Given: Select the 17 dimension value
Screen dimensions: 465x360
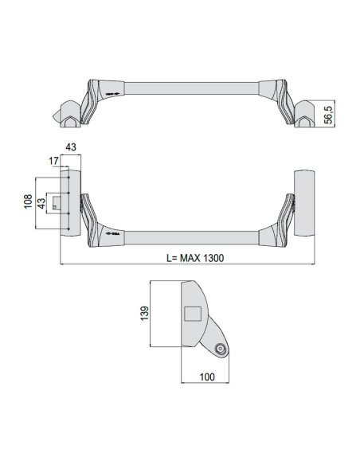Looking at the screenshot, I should tap(54, 161).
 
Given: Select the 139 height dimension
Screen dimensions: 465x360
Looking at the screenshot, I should tap(143, 313).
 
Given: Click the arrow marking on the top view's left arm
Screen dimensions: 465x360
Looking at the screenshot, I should tap(112, 94).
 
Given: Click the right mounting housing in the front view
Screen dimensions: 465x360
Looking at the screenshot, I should tap(304, 203).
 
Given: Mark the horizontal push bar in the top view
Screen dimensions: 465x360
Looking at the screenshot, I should tap(191, 86).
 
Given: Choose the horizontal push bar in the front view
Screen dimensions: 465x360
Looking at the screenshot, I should tap(191, 236).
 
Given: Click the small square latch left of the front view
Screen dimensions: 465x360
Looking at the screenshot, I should tap(56, 203).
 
